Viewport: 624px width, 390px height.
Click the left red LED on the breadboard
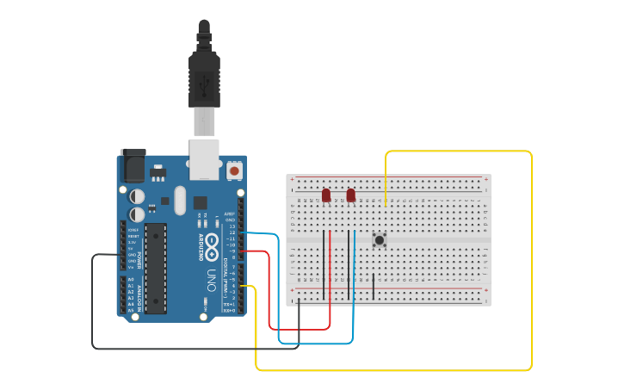pyautogui.click(x=326, y=195)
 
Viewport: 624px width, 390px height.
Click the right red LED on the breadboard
pyautogui.click(x=351, y=195)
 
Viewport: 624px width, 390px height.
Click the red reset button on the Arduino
pyautogui.click(x=234, y=171)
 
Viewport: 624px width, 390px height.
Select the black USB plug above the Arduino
pyautogui.click(x=204, y=77)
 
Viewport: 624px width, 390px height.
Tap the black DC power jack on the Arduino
pyautogui.click(x=133, y=164)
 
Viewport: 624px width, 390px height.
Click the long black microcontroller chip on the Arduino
pyautogui.click(x=156, y=267)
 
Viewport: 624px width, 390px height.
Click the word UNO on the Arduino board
pyautogui.click(x=211, y=280)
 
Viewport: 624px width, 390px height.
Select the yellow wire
pyautogui.click(x=531, y=258)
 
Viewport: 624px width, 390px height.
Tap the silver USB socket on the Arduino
pyautogui.click(x=205, y=158)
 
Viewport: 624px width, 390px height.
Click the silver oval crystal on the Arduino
pyautogui.click(x=179, y=201)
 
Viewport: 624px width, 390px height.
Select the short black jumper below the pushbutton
pyautogui.click(x=374, y=286)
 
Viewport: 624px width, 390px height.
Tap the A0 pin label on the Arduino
pyautogui.click(x=131, y=281)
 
